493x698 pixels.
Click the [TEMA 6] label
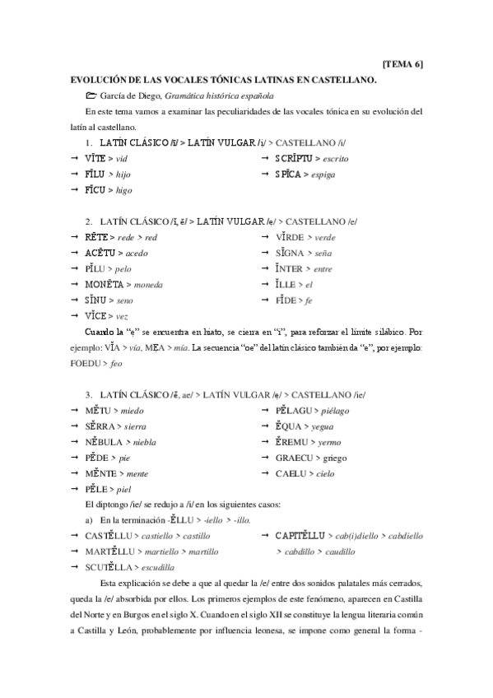pyautogui.click(x=404, y=64)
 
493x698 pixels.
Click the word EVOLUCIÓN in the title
pyautogui.click(x=100, y=80)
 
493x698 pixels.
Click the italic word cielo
pyautogui.click(x=327, y=472)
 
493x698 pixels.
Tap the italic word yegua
pyautogui.click(x=326, y=426)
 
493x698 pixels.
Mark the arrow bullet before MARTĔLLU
pyautogui.click(x=73, y=551)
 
